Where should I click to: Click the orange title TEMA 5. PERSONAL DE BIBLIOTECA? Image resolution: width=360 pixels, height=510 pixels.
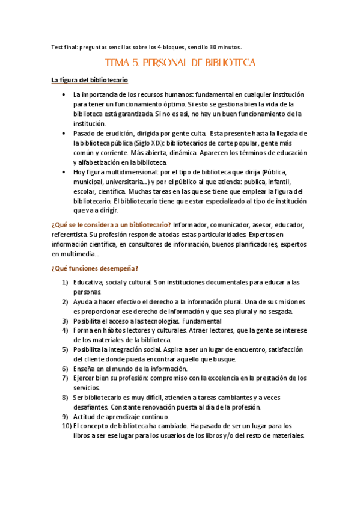pyautogui.click(x=180, y=62)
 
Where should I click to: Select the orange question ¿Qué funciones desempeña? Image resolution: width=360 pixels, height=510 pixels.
pyautogui.click(x=95, y=268)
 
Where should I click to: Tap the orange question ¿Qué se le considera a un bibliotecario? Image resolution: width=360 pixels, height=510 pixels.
pyautogui.click(x=111, y=225)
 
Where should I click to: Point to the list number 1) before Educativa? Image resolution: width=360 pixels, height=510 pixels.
pyautogui.click(x=64, y=282)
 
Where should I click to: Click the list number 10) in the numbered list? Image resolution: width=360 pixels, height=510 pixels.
pyautogui.click(x=62, y=426)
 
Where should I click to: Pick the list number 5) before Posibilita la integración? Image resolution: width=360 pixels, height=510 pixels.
pyautogui.click(x=64, y=349)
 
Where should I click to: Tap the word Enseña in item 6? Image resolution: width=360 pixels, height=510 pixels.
pyautogui.click(x=84, y=368)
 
